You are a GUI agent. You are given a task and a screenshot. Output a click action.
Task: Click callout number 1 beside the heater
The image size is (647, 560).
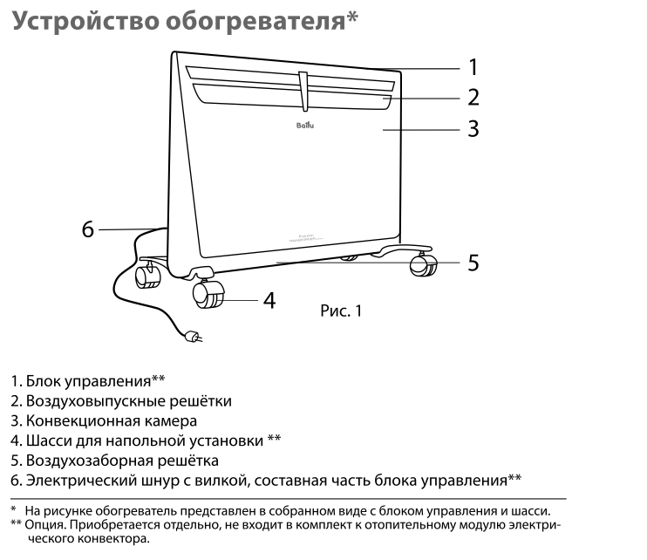pos(473,67)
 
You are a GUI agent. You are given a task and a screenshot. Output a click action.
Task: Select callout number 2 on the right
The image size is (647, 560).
pos(473,98)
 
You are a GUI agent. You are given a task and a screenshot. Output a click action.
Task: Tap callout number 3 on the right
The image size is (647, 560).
pos(473,129)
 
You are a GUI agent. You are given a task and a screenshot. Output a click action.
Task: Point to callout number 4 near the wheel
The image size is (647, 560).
pos(269,300)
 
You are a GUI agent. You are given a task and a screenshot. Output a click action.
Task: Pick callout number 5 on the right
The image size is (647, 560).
pos(473,262)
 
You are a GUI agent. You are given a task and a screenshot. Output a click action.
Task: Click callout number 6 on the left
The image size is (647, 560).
pos(87,229)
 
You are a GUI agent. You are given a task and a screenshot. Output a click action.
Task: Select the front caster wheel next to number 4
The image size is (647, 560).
pos(210,296)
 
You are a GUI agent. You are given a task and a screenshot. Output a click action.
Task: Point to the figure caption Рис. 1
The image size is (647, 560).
pos(340,311)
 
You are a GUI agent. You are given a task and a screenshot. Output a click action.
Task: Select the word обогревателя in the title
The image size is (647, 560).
pos(261,22)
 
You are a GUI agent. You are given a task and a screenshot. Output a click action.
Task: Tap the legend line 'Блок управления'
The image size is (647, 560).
pos(88,381)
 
